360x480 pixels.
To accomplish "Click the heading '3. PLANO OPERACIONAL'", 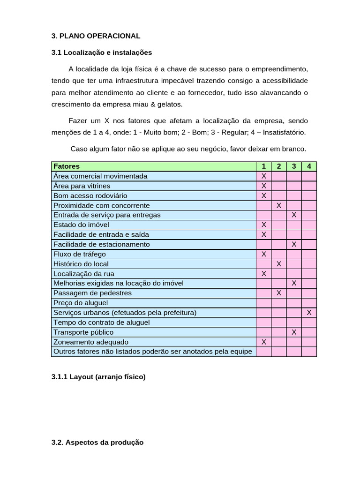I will click(x=96, y=36).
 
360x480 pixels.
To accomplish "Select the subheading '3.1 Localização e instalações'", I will click(x=102, y=52).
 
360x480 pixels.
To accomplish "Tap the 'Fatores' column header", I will click(x=67, y=166).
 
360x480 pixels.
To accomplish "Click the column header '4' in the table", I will click(x=309, y=166).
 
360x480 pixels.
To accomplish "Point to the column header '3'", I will click(x=294, y=166).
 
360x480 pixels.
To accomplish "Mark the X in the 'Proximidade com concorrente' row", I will click(x=279, y=205).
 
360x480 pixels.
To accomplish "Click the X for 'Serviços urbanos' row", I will click(x=309, y=312).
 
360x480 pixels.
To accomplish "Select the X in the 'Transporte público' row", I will click(x=294, y=332).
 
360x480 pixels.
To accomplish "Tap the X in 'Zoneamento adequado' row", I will click(x=263, y=342).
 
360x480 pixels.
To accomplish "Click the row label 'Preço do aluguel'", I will click(x=81, y=303).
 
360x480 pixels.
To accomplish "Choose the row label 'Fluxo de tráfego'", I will click(x=80, y=254).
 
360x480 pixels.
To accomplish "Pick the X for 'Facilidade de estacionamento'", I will click(x=294, y=244).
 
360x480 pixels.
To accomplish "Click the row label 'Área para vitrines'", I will click(x=82, y=186).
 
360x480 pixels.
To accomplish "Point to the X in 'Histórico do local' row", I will click(x=279, y=264).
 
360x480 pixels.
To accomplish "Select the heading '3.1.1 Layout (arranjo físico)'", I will click(x=98, y=376).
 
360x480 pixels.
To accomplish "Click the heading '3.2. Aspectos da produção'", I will click(x=97, y=442).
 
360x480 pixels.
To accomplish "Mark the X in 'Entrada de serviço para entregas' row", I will click(x=294, y=215).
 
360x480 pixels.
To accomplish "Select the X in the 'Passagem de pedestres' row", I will click(x=279, y=293).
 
